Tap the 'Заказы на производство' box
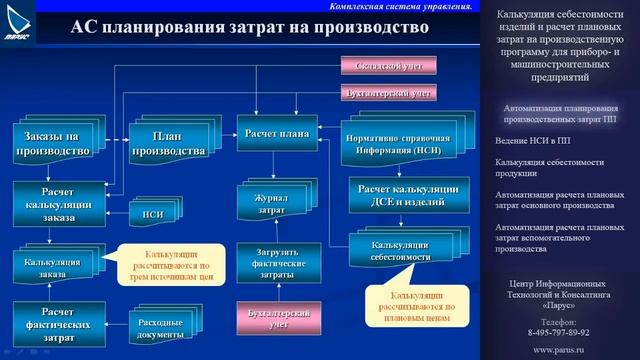[x=51, y=142]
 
